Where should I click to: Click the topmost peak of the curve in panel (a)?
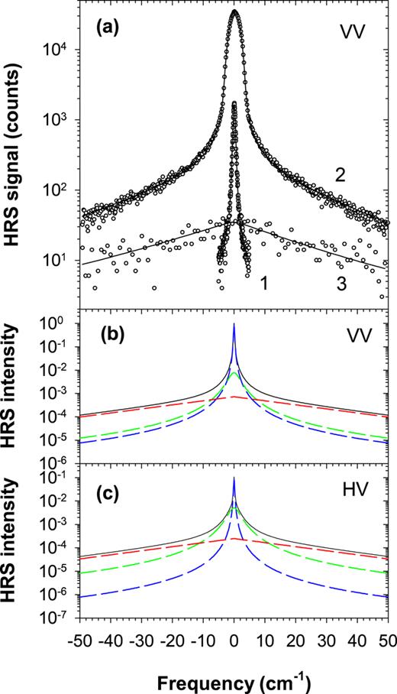[234, 11]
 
